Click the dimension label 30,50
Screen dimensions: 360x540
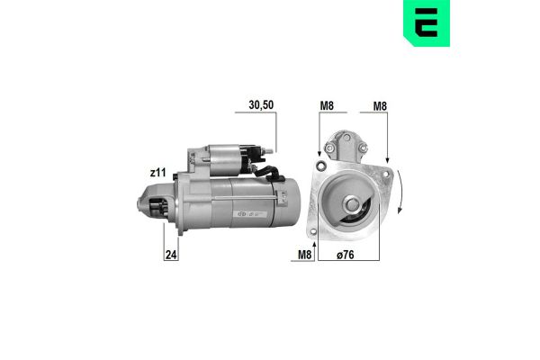click(260, 104)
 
